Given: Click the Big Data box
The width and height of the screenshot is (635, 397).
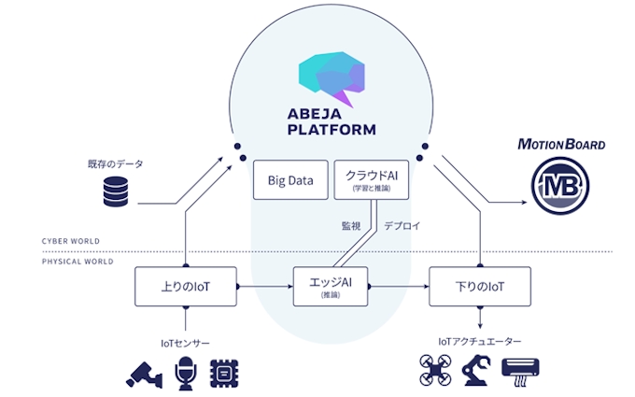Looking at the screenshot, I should point(290,178).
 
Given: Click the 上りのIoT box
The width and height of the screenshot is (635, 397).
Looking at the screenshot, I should point(186,285).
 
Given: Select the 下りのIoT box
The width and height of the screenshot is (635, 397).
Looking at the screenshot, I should point(479,285).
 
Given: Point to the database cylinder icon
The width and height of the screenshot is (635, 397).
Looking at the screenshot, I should point(115,192).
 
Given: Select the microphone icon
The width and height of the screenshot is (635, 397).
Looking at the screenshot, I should point(186,372).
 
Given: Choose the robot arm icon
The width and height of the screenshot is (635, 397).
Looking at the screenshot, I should point(477,371).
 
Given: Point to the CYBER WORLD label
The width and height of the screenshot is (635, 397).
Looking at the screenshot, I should point(71,241).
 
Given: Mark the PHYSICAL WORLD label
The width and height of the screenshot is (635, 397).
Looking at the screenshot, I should point(78,262).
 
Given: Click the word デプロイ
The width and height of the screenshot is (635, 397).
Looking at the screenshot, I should point(402,225).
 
